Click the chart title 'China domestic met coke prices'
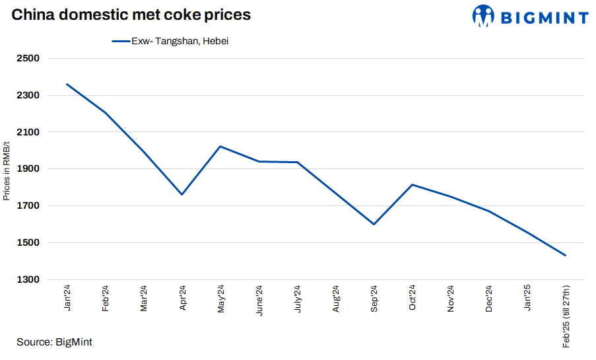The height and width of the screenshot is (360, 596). point(131,15)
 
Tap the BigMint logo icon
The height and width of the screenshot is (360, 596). point(483,16)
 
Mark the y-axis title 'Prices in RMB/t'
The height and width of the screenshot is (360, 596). point(7,170)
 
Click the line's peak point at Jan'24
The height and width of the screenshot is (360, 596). point(67,84)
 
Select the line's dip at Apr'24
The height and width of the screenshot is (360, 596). point(182,194)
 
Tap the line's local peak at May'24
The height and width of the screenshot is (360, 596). point(220,146)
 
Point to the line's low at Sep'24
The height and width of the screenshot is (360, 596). point(374,224)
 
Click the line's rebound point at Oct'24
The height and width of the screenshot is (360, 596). point(412,184)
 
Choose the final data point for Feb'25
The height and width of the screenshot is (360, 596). point(566,255)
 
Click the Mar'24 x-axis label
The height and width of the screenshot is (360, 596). point(144,299)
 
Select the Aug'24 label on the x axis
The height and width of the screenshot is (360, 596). point(336,299)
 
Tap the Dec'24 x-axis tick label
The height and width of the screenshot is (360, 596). point(489,299)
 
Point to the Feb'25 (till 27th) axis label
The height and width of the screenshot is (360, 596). point(566,316)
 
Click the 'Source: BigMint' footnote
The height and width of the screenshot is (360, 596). point(54,342)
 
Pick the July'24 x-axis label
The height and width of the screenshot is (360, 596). point(297,299)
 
